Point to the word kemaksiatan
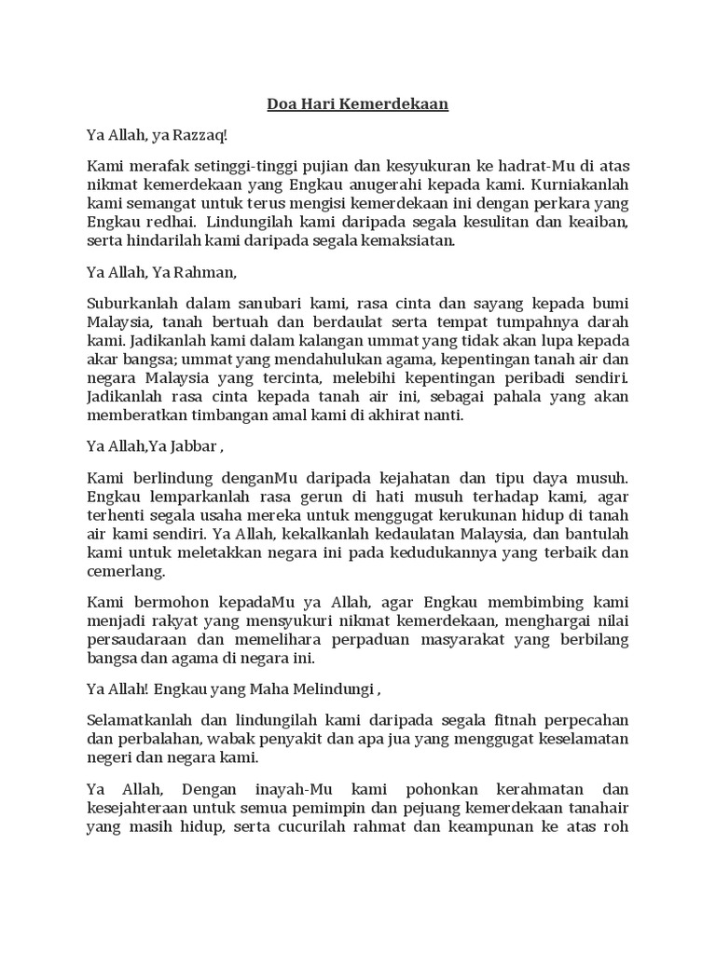tap(410, 240)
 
